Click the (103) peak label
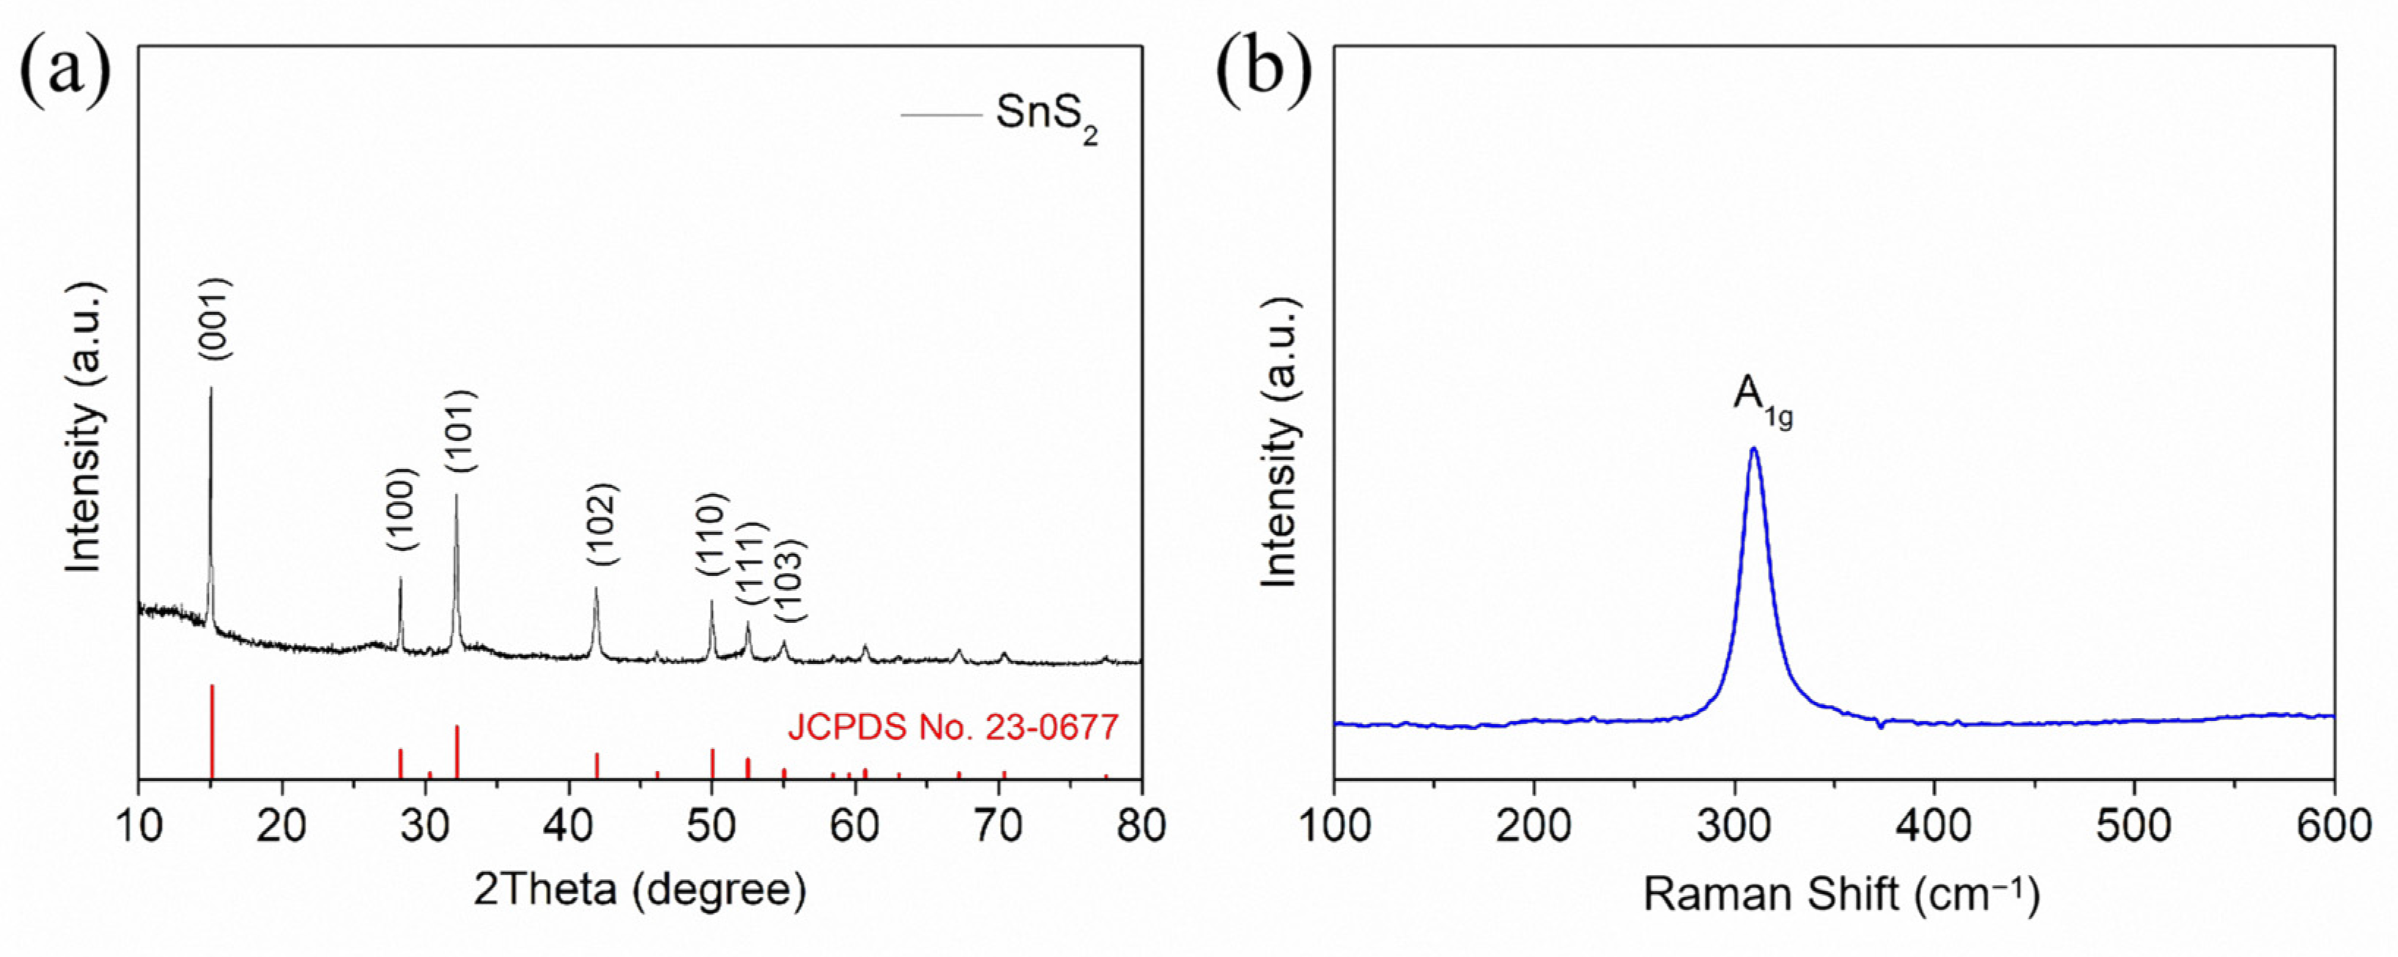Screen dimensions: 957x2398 click(x=791, y=581)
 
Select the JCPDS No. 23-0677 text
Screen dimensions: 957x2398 click(x=952, y=727)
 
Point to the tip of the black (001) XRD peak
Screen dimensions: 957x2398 click(x=210, y=389)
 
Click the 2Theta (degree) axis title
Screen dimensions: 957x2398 click(x=640, y=890)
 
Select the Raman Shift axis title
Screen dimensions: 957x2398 click(x=1840, y=894)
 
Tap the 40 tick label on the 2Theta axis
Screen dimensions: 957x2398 click(x=568, y=827)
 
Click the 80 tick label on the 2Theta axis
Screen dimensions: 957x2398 click(x=1140, y=827)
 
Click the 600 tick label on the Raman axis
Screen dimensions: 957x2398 click(x=2333, y=827)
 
